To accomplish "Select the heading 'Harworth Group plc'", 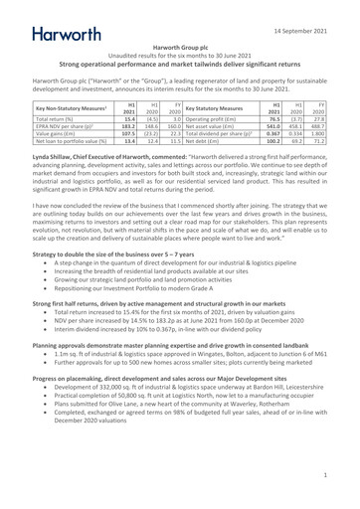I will coord(179,47).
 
